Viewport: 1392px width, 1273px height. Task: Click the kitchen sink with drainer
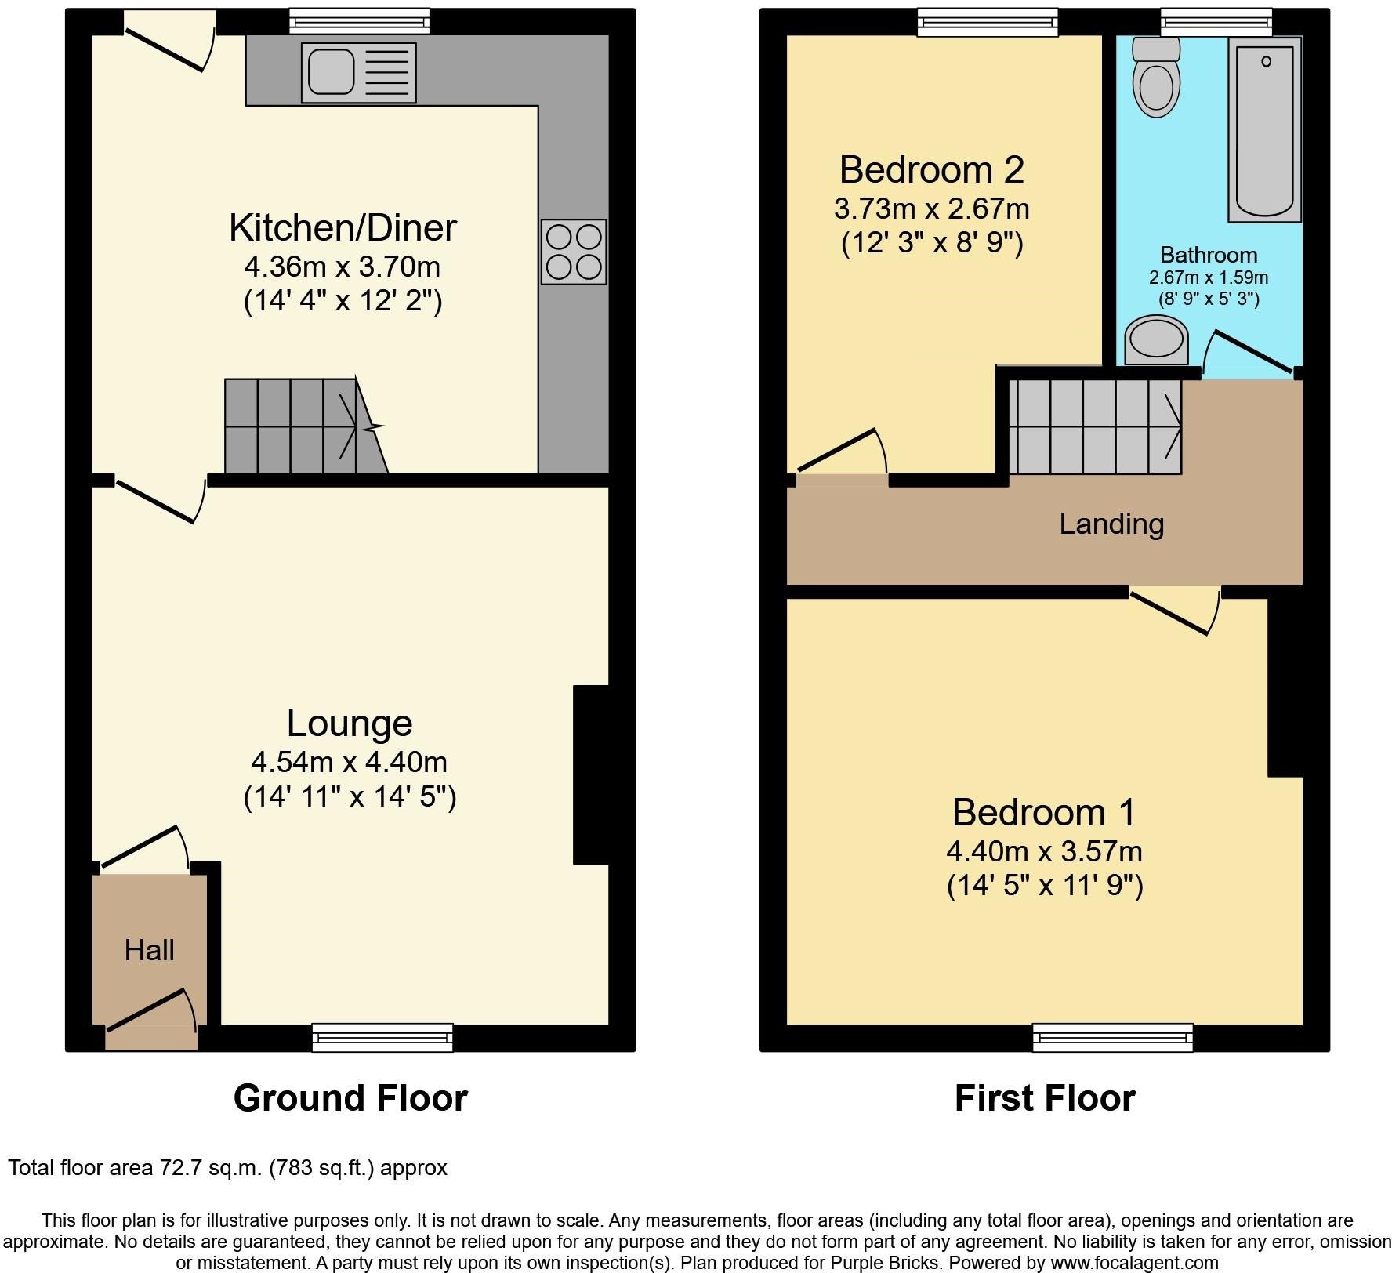pyautogui.click(x=358, y=73)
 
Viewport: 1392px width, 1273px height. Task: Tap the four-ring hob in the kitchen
pyautogui.click(x=574, y=252)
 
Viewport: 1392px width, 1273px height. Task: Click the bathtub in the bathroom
pyautogui.click(x=1264, y=129)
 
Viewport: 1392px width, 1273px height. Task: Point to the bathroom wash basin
pyautogui.click(x=1156, y=341)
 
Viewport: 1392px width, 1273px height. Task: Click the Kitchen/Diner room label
pyautogui.click(x=343, y=228)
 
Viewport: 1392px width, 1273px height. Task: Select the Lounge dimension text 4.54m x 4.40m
pyautogui.click(x=349, y=762)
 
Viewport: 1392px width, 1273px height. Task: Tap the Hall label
pyautogui.click(x=149, y=951)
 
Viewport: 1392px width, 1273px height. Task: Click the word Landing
pyautogui.click(x=1111, y=524)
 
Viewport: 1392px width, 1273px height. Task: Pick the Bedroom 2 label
pyautogui.click(x=931, y=169)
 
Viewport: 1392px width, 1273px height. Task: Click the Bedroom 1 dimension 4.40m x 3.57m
pyautogui.click(x=1044, y=851)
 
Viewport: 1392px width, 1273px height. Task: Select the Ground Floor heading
pyautogui.click(x=350, y=1098)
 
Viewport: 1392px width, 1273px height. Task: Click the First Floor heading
pyautogui.click(x=1044, y=1098)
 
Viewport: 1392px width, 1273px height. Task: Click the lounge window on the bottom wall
pyautogui.click(x=382, y=1037)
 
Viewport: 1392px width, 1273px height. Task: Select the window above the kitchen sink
pyautogui.click(x=359, y=21)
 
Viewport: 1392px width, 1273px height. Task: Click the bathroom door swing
pyautogui.click(x=1248, y=354)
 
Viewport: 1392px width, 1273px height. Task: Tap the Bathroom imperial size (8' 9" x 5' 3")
pyautogui.click(x=1209, y=299)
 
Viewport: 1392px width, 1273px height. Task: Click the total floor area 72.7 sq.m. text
pyautogui.click(x=227, y=1168)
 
